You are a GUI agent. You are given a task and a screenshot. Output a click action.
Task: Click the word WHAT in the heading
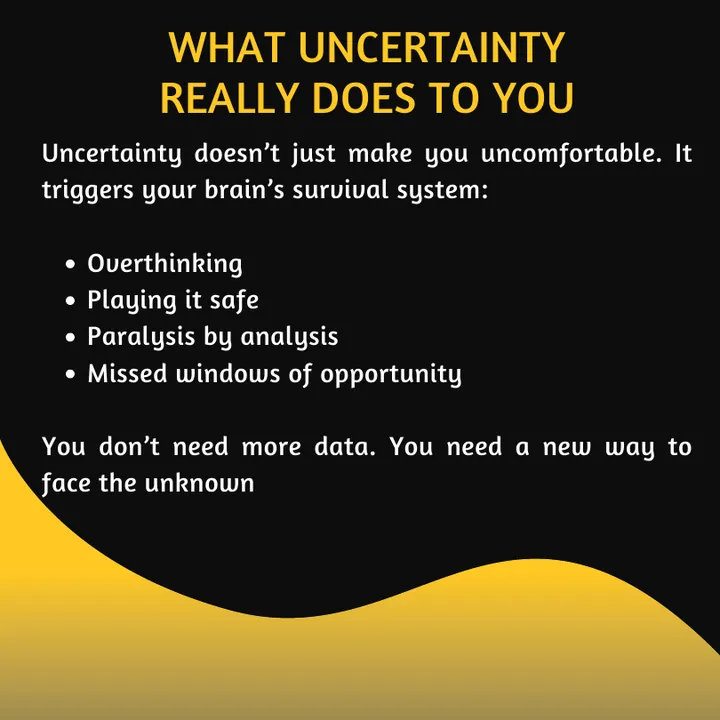[225, 47]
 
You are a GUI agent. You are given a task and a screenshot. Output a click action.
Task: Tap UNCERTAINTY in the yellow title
[432, 47]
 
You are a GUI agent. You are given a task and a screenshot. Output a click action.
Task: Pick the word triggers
[87, 190]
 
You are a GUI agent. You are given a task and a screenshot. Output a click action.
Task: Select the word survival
[340, 189]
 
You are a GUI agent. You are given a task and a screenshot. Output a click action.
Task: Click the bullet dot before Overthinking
[70, 264]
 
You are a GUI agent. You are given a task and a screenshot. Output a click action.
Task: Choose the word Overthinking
[164, 264]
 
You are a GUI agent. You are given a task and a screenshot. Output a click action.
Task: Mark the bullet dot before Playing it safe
[70, 301]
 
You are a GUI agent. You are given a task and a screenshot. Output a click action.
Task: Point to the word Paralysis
[141, 337]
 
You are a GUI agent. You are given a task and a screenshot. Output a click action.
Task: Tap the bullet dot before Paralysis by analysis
[70, 338]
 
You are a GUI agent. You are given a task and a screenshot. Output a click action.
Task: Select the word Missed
[127, 373]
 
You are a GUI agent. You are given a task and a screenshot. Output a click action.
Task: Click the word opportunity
[390, 374]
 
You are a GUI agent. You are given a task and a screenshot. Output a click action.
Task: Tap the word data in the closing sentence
[344, 446]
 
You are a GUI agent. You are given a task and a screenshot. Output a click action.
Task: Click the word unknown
[199, 483]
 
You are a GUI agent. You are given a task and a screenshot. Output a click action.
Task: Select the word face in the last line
[66, 484]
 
